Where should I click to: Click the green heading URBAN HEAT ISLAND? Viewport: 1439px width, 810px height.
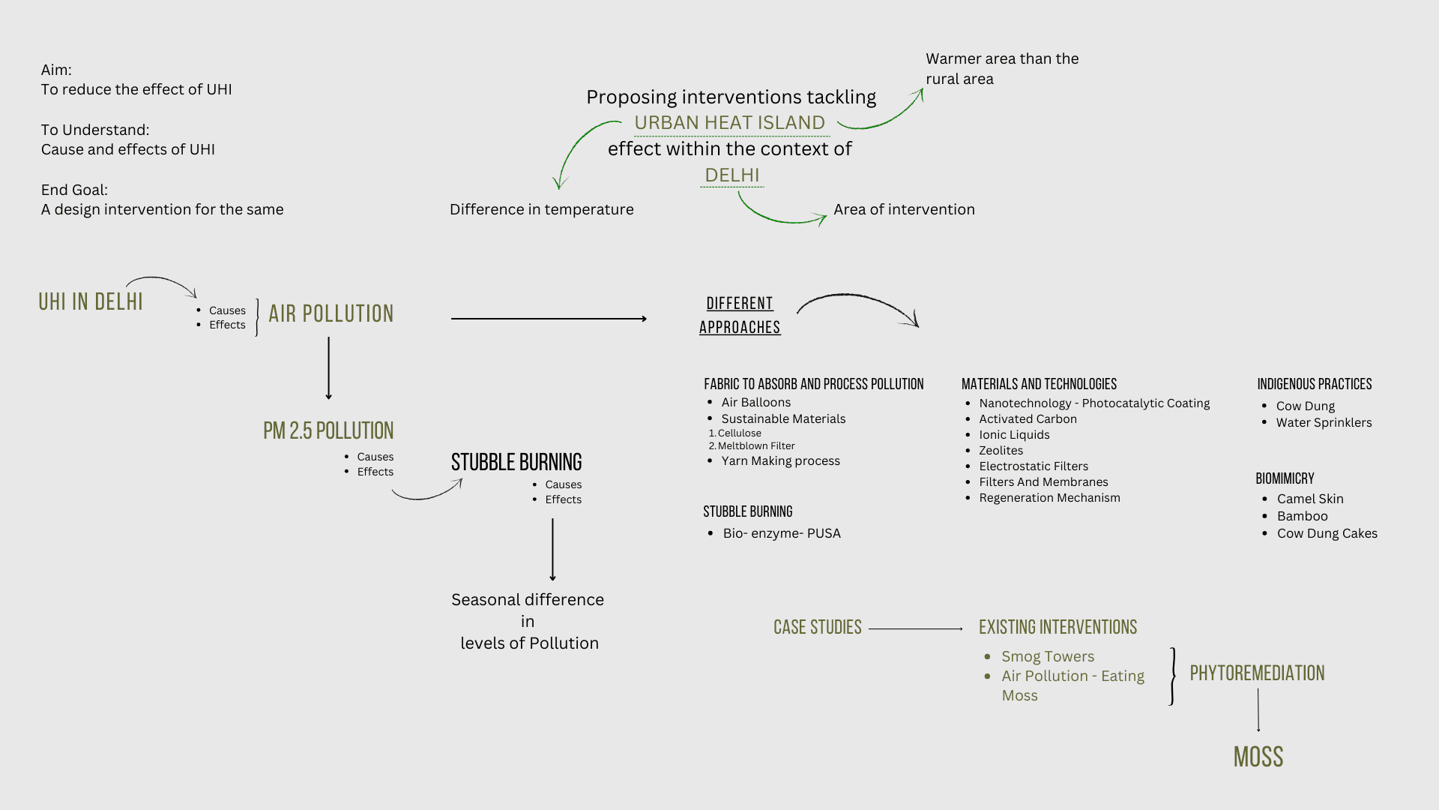point(729,122)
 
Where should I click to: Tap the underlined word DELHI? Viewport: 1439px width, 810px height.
point(732,175)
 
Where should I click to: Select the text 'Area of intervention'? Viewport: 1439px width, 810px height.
point(904,209)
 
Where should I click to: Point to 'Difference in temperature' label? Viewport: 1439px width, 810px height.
point(541,209)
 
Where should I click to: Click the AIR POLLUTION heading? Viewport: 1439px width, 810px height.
point(331,313)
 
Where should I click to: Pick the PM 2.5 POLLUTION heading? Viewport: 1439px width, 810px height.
point(328,430)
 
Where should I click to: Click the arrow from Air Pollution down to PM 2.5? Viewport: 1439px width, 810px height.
point(328,367)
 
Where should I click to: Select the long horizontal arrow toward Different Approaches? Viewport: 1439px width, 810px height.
point(548,319)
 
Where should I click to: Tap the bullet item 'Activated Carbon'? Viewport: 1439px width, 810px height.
point(1028,418)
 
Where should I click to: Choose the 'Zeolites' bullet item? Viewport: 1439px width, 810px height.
point(1001,450)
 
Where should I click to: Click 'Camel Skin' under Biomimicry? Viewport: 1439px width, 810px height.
point(1310,499)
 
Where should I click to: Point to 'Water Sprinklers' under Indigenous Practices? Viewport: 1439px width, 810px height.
point(1324,422)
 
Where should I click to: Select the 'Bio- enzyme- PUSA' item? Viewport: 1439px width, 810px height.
point(782,533)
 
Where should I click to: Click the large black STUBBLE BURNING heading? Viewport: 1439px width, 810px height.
point(516,462)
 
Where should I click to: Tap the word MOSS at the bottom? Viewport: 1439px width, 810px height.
point(1258,757)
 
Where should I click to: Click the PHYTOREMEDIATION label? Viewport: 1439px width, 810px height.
point(1257,673)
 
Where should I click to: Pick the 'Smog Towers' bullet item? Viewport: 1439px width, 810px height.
point(1048,656)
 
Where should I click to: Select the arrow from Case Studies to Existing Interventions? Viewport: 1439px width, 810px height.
point(915,628)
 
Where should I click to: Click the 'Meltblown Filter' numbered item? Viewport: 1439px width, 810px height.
point(756,445)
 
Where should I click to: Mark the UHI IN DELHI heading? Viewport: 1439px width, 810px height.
point(91,301)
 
